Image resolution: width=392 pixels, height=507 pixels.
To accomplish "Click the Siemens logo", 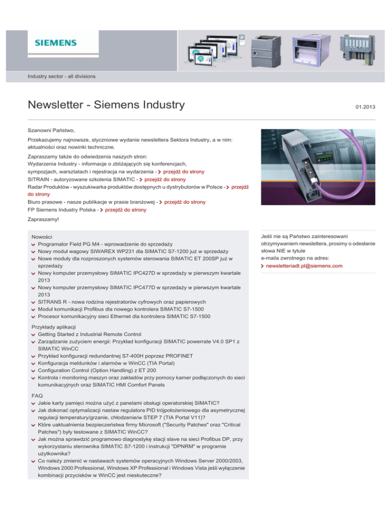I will click(55, 43).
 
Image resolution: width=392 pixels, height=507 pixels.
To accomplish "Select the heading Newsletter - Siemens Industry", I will click(106, 106).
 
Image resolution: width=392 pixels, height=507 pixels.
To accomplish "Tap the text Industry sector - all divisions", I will click(61, 76).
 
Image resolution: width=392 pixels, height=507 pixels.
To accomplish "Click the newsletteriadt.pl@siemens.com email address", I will click(304, 266).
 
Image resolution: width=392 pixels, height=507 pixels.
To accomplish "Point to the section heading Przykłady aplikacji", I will click(54, 326).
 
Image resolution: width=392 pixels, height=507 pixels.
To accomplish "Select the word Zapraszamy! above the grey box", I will click(44, 219).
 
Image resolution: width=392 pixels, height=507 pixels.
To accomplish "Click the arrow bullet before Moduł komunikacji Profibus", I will click(33, 309).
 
